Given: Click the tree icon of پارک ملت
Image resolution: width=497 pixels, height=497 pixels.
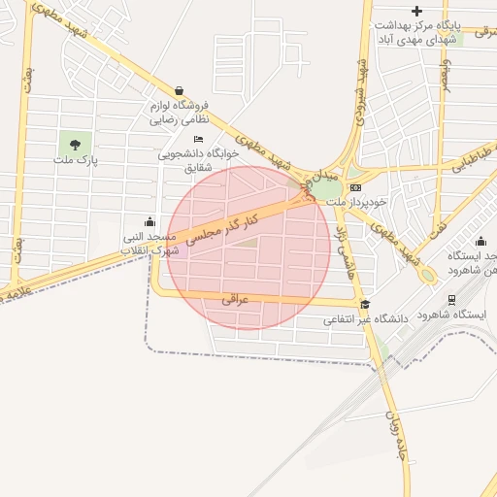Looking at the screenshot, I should pyautogui.click(x=75, y=146).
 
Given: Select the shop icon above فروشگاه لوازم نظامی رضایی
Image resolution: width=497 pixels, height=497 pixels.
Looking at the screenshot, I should pyautogui.click(x=180, y=89).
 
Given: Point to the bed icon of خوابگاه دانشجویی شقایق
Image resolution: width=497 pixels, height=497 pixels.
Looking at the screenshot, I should pyautogui.click(x=199, y=139).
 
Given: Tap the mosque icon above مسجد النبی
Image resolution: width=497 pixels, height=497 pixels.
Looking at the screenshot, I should pyautogui.click(x=149, y=221).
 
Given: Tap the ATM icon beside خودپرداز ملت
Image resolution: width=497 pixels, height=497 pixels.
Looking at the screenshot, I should pyautogui.click(x=355, y=187).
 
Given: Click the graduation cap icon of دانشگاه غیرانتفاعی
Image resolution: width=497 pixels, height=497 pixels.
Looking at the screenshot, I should pyautogui.click(x=365, y=304).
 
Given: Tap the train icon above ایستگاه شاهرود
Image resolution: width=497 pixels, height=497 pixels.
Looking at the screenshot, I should pyautogui.click(x=451, y=300).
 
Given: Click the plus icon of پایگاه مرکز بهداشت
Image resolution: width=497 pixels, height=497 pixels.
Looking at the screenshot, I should pyautogui.click(x=417, y=11).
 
